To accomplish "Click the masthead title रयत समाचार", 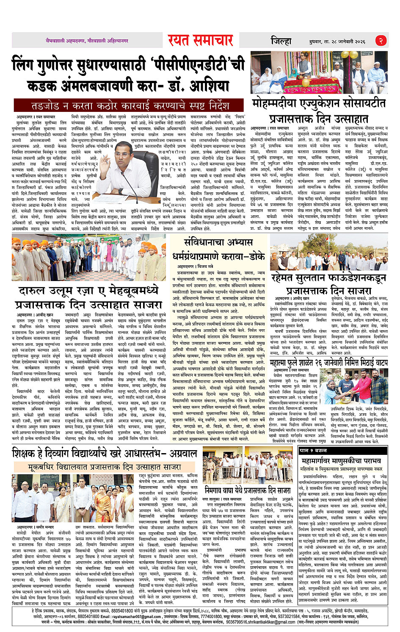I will [x=200, y=41].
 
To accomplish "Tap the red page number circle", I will [x=381, y=41].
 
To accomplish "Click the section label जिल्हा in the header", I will [x=281, y=41].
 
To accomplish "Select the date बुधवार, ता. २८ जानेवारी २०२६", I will [x=337, y=42].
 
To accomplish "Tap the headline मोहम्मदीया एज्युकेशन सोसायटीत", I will [x=318, y=103].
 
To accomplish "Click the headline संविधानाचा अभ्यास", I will [x=218, y=242].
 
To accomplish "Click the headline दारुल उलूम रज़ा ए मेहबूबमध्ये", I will [x=89, y=291].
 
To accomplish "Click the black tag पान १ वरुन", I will [x=313, y=451].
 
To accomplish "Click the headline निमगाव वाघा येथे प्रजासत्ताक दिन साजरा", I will [x=248, y=490].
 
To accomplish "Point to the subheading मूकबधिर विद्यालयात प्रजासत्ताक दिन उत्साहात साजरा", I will [x=104, y=467].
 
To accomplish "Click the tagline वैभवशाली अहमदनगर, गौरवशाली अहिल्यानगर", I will [x=87, y=41].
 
